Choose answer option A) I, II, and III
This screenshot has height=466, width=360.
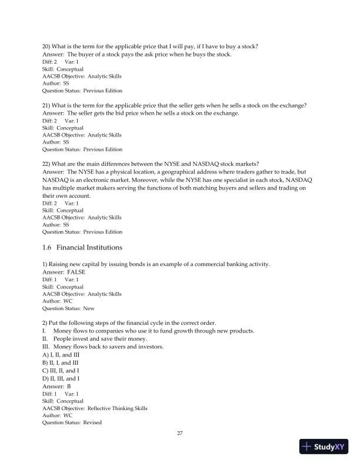coord(63,354)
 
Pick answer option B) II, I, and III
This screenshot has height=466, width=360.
coord(63,362)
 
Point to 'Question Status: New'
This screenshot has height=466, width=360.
coord(68,308)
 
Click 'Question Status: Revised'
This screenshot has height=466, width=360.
coord(71,422)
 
